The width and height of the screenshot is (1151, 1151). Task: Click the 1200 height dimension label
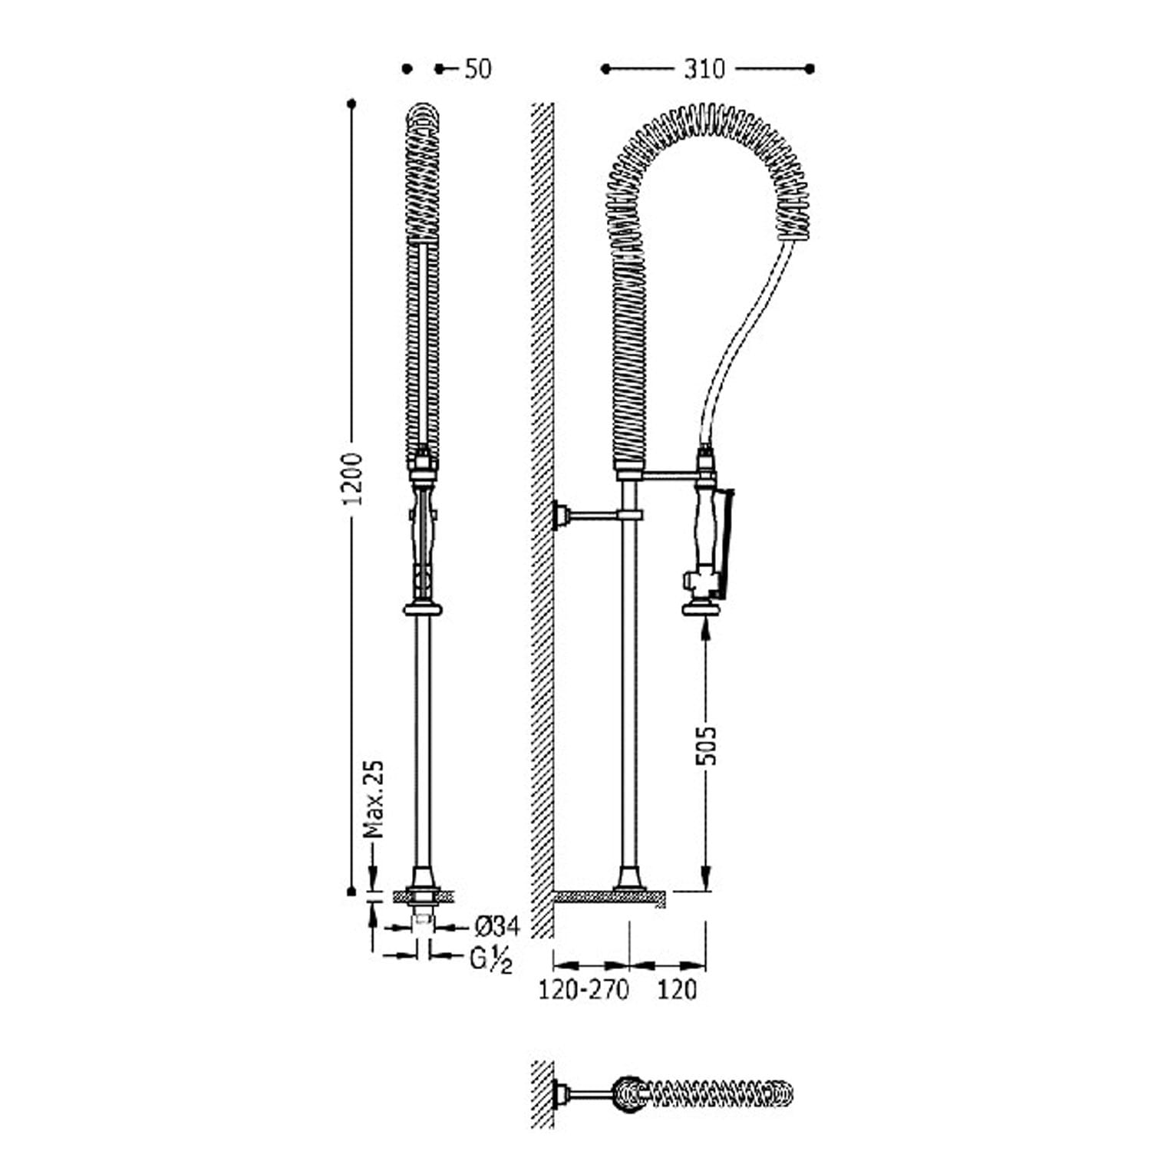coord(353,479)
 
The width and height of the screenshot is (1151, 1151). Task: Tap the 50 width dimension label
coord(477,69)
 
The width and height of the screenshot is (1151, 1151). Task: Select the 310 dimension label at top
coord(704,69)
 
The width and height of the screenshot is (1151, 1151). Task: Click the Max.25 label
coord(373,799)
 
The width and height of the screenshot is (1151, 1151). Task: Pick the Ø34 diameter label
coord(496,927)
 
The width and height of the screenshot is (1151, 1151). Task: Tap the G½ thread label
coord(490,959)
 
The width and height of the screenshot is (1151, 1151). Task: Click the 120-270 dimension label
coord(583,990)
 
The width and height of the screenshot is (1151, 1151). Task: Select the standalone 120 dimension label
coord(678,990)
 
